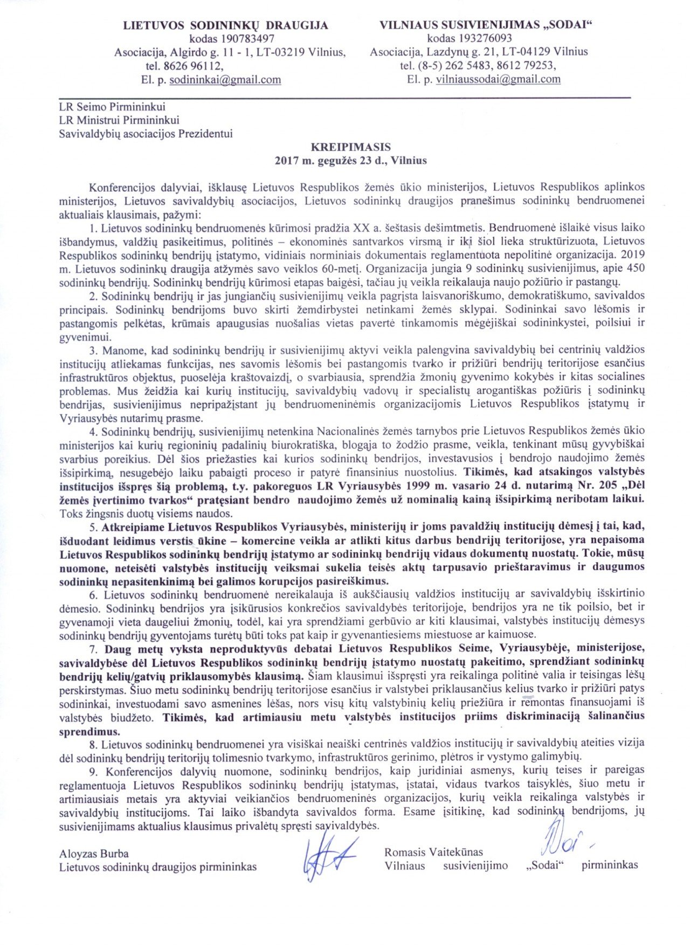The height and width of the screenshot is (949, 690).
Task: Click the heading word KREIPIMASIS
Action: click(350, 147)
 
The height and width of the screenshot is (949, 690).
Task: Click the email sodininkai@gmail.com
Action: click(225, 80)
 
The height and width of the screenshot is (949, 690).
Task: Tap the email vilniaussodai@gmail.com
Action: click(498, 79)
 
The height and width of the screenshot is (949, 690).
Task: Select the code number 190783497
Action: click(247, 39)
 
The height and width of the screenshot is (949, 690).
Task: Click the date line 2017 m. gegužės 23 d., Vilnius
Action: click(350, 161)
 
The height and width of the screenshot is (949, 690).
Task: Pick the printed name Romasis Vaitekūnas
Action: click(433, 852)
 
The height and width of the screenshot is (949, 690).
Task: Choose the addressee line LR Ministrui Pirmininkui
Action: click(119, 120)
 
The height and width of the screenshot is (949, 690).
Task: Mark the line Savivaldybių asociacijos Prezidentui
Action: click(146, 134)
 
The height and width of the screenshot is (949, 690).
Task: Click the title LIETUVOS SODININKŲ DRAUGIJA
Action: click(225, 25)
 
